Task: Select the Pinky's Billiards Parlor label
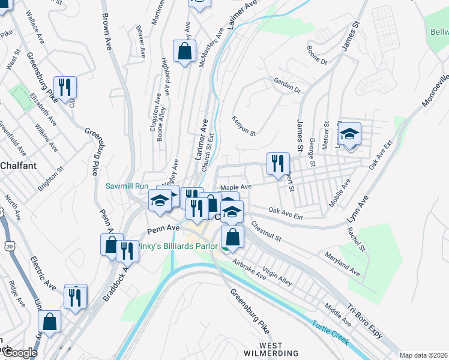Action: click(x=174, y=246)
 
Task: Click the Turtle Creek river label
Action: click(x=330, y=333)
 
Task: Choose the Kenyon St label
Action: click(x=244, y=125)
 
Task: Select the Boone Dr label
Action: click(x=316, y=54)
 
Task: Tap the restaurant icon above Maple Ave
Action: click(x=278, y=164)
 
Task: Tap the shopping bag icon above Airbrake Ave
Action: click(x=233, y=237)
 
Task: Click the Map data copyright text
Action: click(x=423, y=355)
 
